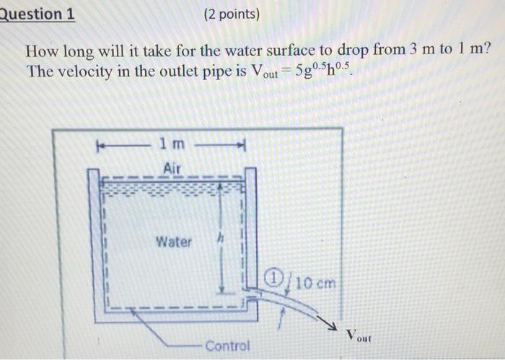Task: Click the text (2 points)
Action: (x=232, y=14)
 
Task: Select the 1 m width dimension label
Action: (x=173, y=144)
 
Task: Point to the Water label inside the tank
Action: (x=174, y=242)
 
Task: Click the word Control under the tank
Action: (x=227, y=346)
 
